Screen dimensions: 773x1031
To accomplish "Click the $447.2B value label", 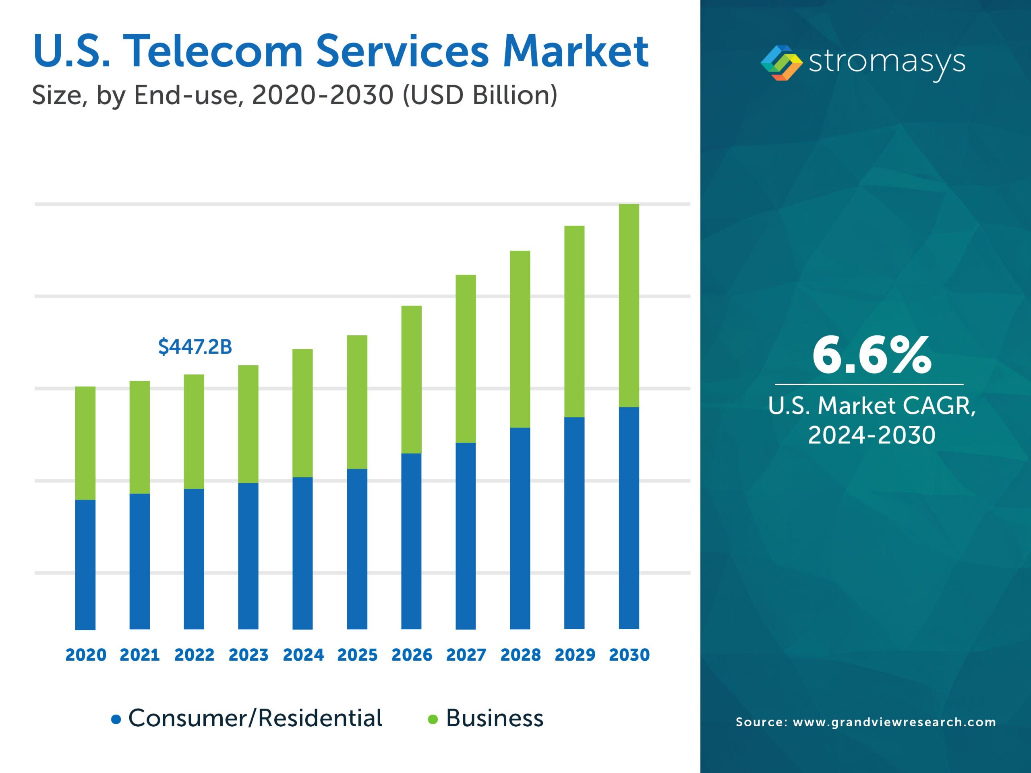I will pos(195,347).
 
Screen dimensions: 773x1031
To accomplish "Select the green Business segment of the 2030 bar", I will pos(629,305).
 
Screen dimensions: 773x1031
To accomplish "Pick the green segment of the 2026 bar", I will pos(411,379).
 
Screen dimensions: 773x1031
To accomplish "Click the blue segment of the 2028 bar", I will pos(520,528).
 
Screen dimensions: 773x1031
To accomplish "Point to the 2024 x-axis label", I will pos(303,655).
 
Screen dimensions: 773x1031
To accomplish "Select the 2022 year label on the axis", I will pos(194,655).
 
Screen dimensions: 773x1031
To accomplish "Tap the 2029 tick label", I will pos(575,655).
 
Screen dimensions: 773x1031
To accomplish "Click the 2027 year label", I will pos(466,655).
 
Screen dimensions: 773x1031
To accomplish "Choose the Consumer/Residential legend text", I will pos(255,718).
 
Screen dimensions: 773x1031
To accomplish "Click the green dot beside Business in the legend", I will pos(433,719).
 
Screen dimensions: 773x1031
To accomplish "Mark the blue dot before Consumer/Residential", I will pos(116,719).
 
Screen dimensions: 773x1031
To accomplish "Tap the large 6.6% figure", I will pos(871,356).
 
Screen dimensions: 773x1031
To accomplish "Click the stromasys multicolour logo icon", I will pos(781,63).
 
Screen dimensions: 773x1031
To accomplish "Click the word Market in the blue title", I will pos(575,51).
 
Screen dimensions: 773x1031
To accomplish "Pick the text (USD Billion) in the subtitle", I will pos(480,95).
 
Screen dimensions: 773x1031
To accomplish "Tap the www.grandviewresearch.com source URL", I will pos(894,722).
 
